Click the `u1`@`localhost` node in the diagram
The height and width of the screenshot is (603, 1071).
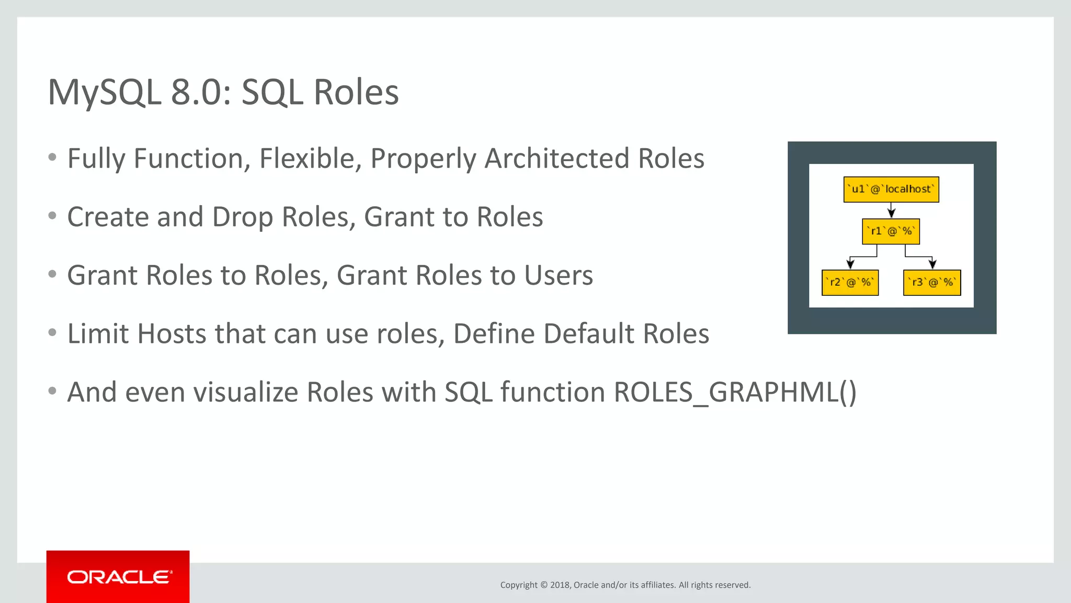891,189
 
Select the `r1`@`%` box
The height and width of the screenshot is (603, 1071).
891,231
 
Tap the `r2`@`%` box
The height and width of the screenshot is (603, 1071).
850,283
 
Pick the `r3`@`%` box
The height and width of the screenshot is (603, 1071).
932,283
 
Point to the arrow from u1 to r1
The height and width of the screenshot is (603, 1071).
891,210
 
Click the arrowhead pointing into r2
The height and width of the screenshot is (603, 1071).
850,264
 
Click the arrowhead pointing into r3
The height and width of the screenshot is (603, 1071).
932,264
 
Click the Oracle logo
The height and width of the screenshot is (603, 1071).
119,577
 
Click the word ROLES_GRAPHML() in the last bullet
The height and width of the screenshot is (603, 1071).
735,392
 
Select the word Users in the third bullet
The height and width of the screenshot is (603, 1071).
559,275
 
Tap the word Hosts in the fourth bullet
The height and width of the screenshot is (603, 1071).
172,334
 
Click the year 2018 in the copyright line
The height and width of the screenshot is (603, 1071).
560,585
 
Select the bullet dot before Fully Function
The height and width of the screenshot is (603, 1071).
52,158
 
